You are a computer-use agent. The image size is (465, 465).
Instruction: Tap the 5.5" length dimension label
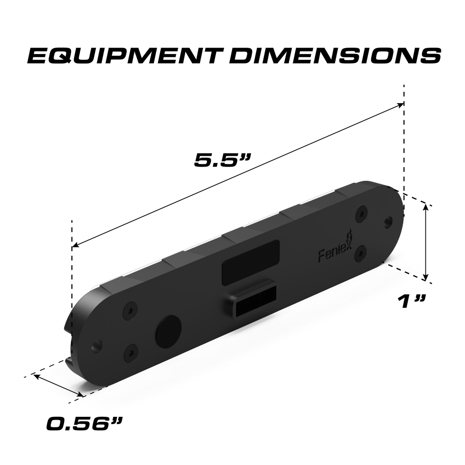tap(223, 159)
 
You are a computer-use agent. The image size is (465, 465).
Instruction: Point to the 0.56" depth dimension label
tap(84, 424)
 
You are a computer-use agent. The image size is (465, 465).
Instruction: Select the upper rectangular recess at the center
tap(250, 262)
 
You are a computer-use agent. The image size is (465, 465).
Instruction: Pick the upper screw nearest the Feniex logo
tap(361, 213)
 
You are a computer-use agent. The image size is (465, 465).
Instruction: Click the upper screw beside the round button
tap(130, 311)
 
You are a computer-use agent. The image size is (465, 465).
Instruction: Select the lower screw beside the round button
tap(131, 352)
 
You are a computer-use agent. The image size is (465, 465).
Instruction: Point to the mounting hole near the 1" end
tap(388, 222)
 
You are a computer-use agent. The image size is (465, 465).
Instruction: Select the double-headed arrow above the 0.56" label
tap(58, 386)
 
